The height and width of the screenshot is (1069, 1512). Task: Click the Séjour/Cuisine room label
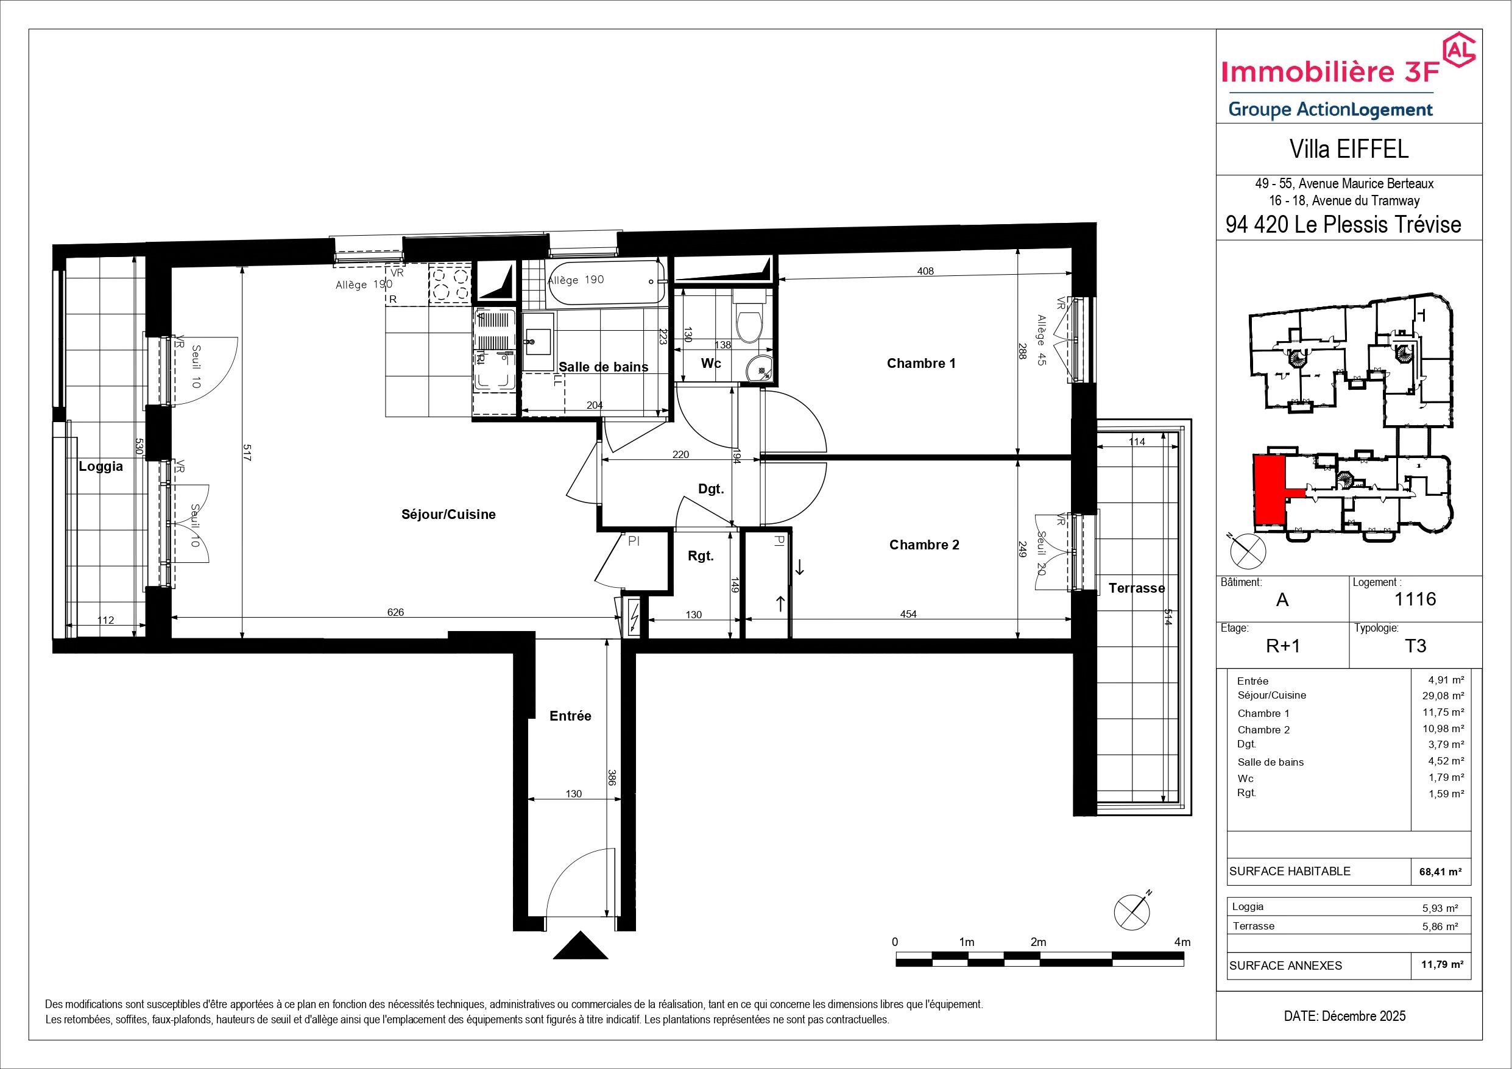(448, 515)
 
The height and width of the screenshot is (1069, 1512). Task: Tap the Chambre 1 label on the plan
(920, 363)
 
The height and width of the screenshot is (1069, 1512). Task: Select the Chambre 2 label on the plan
(924, 545)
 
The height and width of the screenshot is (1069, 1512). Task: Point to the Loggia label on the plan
(101, 467)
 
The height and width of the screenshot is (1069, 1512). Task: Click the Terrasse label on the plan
(1137, 588)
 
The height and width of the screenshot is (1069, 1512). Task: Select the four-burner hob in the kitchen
(450, 283)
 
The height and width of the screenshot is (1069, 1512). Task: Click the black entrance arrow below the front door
(579, 945)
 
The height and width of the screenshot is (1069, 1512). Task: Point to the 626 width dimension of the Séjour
(395, 612)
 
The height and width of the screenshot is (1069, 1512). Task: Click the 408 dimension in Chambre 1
(925, 270)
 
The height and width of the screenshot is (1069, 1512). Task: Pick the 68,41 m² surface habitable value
(1441, 872)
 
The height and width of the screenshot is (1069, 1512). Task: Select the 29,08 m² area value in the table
(1441, 696)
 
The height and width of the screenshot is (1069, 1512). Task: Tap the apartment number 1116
(1415, 599)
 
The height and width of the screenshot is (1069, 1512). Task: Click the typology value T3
(1415, 646)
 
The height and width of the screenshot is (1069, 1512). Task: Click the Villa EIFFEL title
(1349, 149)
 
